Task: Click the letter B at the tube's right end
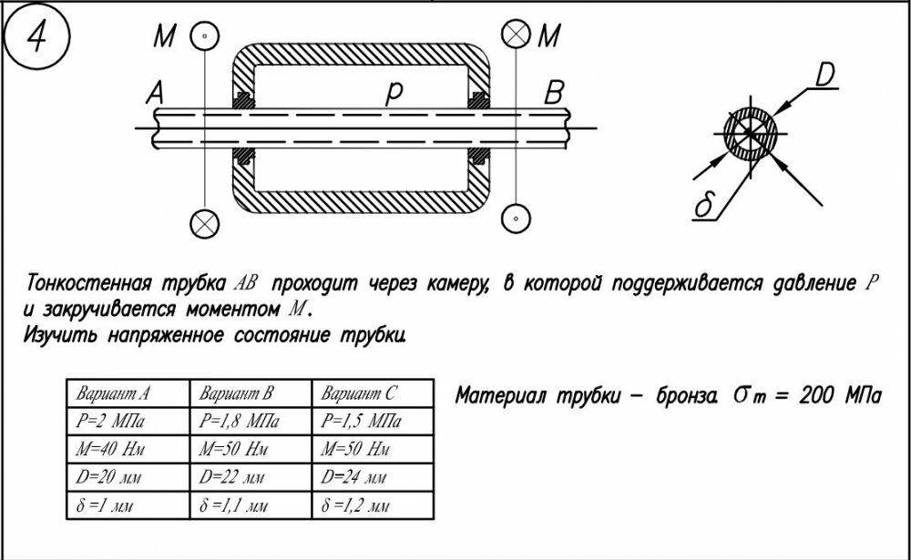tap(553, 93)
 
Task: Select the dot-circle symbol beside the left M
tap(205, 36)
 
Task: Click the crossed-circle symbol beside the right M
tap(516, 36)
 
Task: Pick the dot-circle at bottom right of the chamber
tap(516, 219)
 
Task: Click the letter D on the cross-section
tap(824, 76)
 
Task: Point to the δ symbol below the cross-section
tap(702, 207)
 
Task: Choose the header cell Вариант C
tap(359, 394)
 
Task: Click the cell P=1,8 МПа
tap(239, 422)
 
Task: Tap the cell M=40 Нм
tap(112, 450)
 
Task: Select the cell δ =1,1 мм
tap(234, 505)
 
